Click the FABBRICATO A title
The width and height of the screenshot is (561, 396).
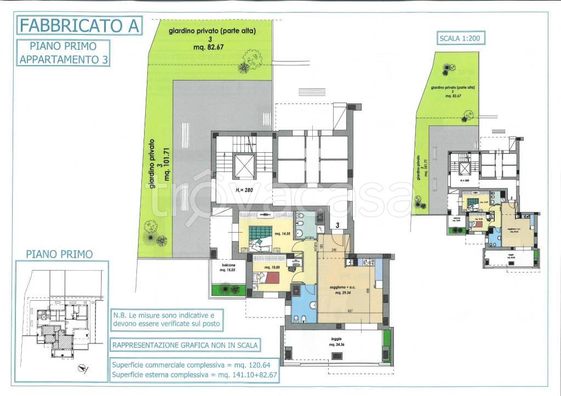pos(80,25)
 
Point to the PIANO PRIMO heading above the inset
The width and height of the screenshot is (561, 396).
pos(59,254)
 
